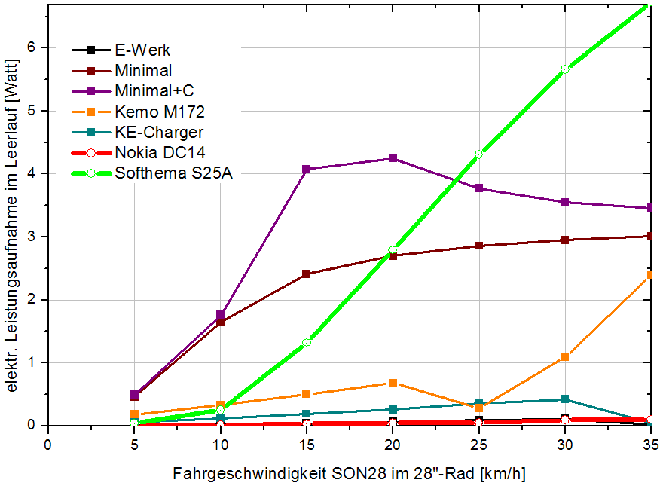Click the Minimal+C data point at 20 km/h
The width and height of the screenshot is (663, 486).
click(x=393, y=158)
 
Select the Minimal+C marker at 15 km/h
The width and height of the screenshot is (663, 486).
click(x=307, y=169)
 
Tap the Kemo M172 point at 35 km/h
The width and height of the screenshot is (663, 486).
click(x=650, y=274)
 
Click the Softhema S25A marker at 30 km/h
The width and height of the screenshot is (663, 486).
click(x=564, y=69)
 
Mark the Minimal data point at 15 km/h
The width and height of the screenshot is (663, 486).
click(x=307, y=274)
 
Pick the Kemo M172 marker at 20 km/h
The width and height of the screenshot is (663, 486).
click(x=393, y=383)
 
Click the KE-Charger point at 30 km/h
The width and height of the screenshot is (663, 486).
click(x=564, y=399)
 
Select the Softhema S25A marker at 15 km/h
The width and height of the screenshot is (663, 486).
click(x=307, y=342)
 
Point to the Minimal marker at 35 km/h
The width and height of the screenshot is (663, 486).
click(x=650, y=236)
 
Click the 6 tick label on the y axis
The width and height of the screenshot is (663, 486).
click(x=32, y=47)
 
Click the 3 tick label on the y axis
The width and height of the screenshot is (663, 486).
click(x=32, y=237)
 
